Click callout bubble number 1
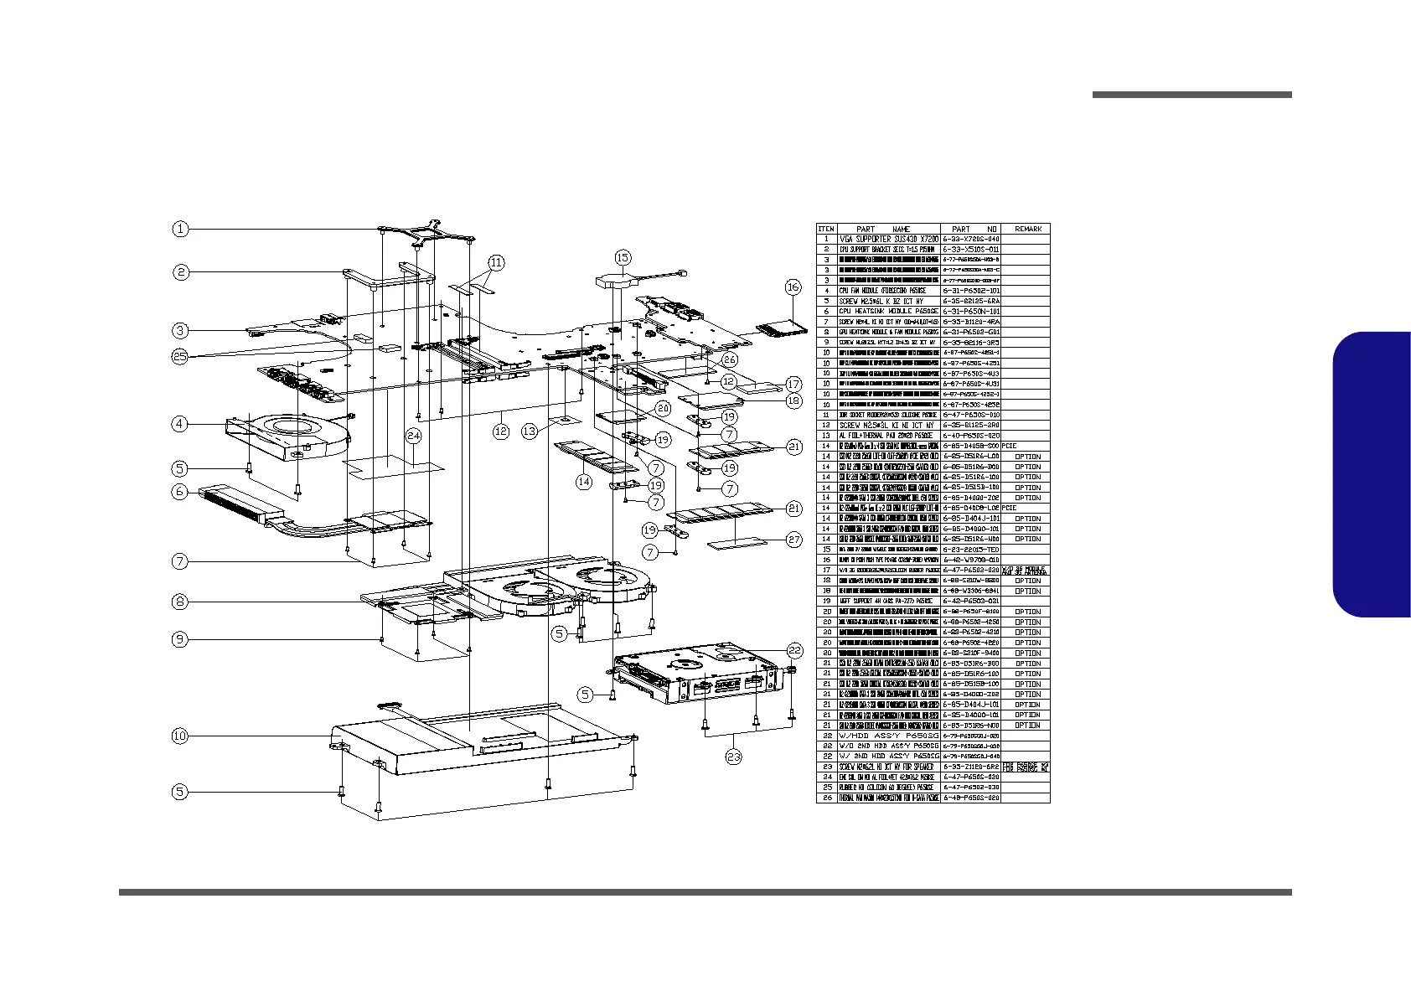[x=180, y=229]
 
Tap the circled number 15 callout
[x=623, y=257]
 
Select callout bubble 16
[x=793, y=287]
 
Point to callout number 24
[x=414, y=436]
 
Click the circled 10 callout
[x=180, y=736]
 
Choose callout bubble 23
[x=734, y=757]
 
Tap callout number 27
[x=794, y=540]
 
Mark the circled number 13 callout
[x=530, y=431]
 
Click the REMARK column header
[x=1028, y=229]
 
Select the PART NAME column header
[x=888, y=229]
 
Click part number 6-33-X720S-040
[x=971, y=240]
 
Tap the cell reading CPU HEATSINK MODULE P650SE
[x=888, y=312]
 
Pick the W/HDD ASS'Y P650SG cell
[x=888, y=736]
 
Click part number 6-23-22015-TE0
[x=971, y=550]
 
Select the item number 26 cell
[x=826, y=798]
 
